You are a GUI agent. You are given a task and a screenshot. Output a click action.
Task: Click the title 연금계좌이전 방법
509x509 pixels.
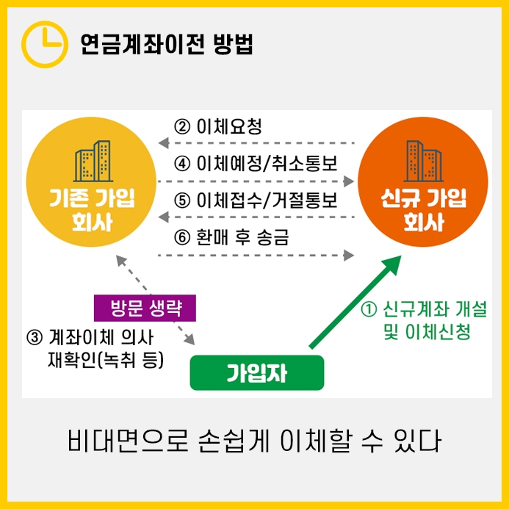167,44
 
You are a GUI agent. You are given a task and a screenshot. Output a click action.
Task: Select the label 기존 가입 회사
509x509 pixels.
93,210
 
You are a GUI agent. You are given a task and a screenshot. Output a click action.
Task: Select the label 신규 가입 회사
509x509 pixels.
423,210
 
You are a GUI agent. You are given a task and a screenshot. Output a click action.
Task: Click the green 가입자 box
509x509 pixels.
256,373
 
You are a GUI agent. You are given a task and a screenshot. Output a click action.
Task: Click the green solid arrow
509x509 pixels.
356,301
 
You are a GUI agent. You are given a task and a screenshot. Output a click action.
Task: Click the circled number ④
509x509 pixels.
182,162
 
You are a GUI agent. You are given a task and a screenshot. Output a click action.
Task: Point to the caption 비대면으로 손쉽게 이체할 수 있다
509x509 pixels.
254,443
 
